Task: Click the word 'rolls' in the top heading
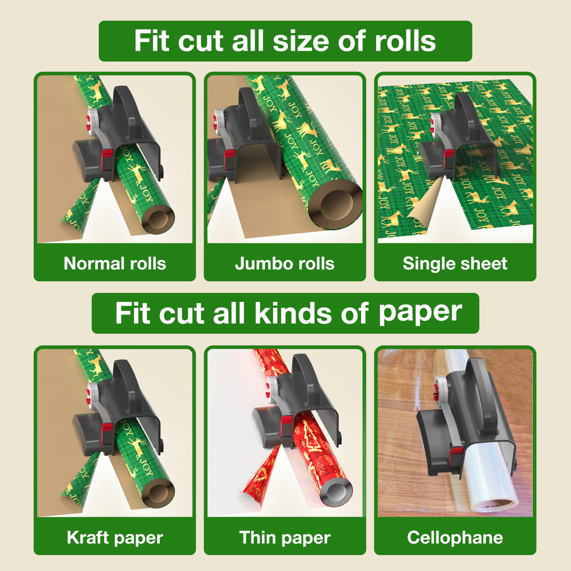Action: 405,41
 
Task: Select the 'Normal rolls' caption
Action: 115,263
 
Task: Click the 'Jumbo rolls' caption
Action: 285,263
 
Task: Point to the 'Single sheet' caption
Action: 455,263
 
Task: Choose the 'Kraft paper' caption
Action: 115,537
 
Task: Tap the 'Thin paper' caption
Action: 285,537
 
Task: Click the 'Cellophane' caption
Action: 455,537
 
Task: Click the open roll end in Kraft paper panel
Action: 159,494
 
